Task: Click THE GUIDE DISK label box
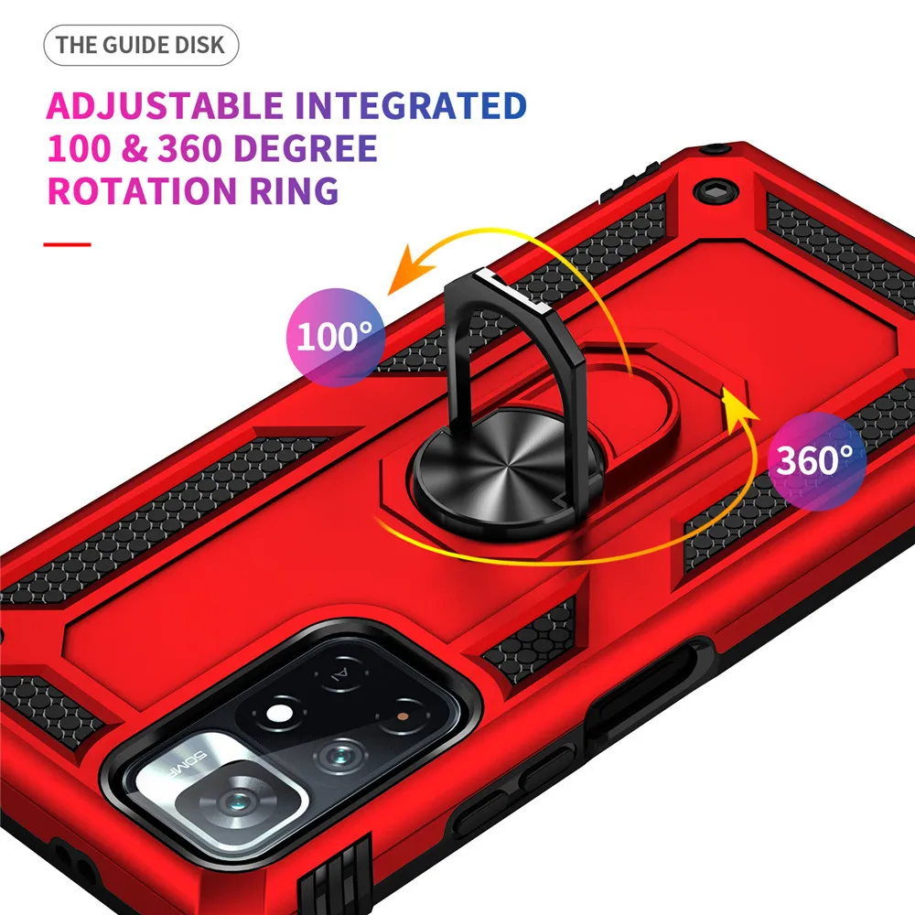tap(141, 45)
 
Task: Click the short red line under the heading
tap(68, 244)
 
